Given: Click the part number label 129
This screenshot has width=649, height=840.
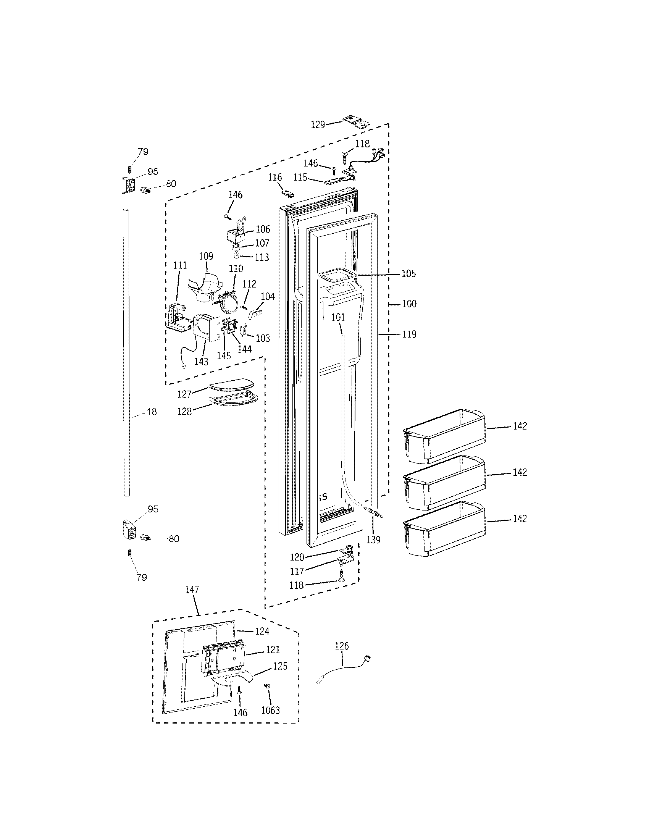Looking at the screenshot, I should click(x=318, y=124).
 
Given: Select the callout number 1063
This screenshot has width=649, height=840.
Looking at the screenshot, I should click(x=270, y=711).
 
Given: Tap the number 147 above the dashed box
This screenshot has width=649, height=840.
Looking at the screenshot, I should click(x=192, y=590).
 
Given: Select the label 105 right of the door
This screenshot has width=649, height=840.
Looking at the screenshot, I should click(x=409, y=274).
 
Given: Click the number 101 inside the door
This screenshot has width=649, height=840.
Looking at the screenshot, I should click(x=338, y=317).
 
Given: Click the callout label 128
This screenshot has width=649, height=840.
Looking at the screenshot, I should click(x=184, y=412).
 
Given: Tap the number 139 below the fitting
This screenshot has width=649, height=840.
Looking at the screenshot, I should click(x=373, y=540).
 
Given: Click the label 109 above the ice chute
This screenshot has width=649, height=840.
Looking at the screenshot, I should click(x=206, y=256).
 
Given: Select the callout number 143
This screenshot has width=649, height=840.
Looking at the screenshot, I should click(x=201, y=362).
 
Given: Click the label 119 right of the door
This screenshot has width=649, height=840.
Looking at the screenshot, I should click(x=409, y=334).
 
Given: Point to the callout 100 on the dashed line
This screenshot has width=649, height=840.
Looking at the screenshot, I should click(x=409, y=304).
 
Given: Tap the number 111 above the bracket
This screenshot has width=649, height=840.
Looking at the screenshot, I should click(x=180, y=265).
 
